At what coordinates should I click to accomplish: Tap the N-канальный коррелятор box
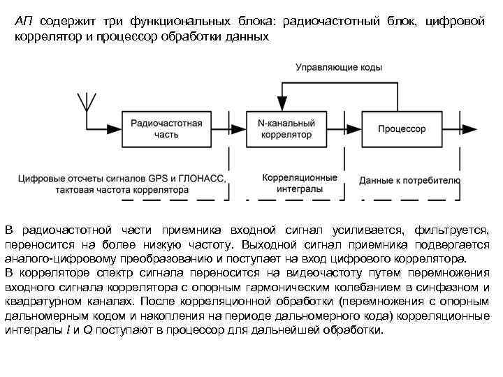coord(286,128)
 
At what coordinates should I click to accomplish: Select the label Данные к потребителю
coord(409,180)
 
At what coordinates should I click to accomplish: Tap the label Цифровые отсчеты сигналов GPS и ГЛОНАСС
coord(123,179)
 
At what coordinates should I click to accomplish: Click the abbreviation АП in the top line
coord(24,22)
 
